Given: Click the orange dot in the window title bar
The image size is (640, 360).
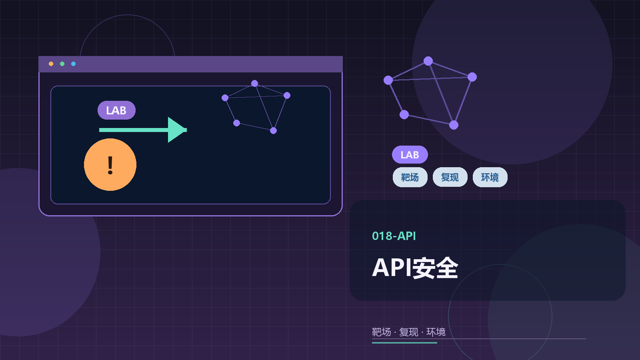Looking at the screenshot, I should pyautogui.click(x=51, y=64).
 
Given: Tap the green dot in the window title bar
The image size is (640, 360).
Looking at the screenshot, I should pyautogui.click(x=62, y=64).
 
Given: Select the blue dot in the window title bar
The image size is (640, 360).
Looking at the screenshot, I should pyautogui.click(x=73, y=64).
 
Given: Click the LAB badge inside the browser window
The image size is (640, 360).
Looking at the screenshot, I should pyautogui.click(x=116, y=110).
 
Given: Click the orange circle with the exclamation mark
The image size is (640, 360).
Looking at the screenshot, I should pyautogui.click(x=110, y=164).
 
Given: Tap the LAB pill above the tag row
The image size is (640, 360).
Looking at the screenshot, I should pyautogui.click(x=410, y=155).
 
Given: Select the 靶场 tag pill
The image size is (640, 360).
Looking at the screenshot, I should pyautogui.click(x=410, y=177).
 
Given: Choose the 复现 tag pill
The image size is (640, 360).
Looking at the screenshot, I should pyautogui.click(x=450, y=177).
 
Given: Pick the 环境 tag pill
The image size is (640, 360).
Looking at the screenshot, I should pyautogui.click(x=490, y=177).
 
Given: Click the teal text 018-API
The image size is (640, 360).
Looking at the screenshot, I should pyautogui.click(x=394, y=236).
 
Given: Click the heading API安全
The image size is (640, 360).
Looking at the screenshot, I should pyautogui.click(x=415, y=268).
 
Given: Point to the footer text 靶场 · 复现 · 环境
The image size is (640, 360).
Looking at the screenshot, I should pyautogui.click(x=408, y=332).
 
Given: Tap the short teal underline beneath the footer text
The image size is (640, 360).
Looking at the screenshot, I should pyautogui.click(x=404, y=343).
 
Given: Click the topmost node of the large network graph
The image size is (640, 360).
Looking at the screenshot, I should pyautogui.click(x=428, y=61).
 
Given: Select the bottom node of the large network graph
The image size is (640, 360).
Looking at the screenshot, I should pyautogui.click(x=454, y=125).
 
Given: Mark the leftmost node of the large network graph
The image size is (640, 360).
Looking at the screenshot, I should pyautogui.click(x=388, y=80).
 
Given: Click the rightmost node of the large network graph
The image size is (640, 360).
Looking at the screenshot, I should pyautogui.click(x=472, y=77).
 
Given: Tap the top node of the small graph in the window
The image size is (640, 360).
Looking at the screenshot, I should pyautogui.click(x=255, y=84).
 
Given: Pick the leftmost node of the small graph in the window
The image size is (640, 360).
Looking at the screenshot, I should pyautogui.click(x=225, y=98).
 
